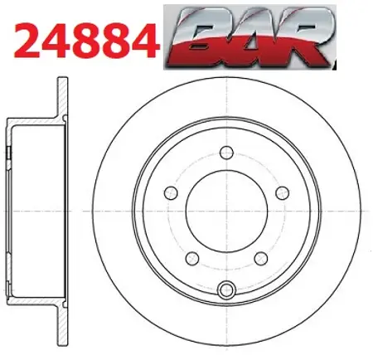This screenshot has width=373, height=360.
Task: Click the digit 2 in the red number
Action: point(27,41)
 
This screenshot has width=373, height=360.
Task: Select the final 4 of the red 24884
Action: point(146,41)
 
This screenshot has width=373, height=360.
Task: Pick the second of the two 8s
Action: point(116,41)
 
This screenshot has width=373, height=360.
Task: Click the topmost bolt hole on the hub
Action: point(226,153)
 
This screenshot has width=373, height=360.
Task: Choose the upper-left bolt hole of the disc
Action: point(171,193)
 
